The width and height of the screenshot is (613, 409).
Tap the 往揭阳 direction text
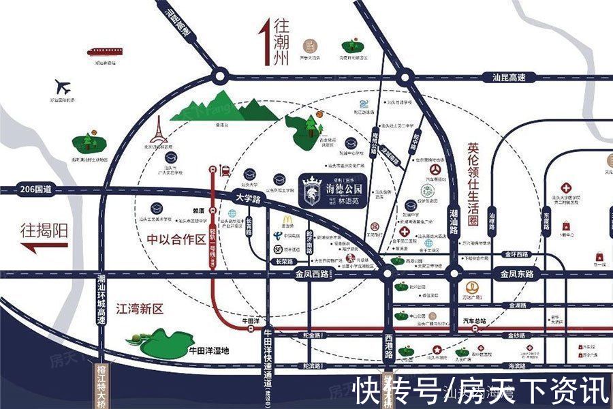coord(44,230)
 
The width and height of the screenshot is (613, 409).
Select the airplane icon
coord(63,87)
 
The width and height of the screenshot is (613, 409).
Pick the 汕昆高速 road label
coord(509,78)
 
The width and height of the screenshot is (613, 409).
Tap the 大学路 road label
coord(249,198)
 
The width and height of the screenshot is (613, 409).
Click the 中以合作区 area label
coord(176,239)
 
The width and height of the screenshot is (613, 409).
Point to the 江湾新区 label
coord(140,309)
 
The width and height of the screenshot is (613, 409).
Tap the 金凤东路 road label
coord(518,274)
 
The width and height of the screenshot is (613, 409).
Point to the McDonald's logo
coord(287,222)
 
